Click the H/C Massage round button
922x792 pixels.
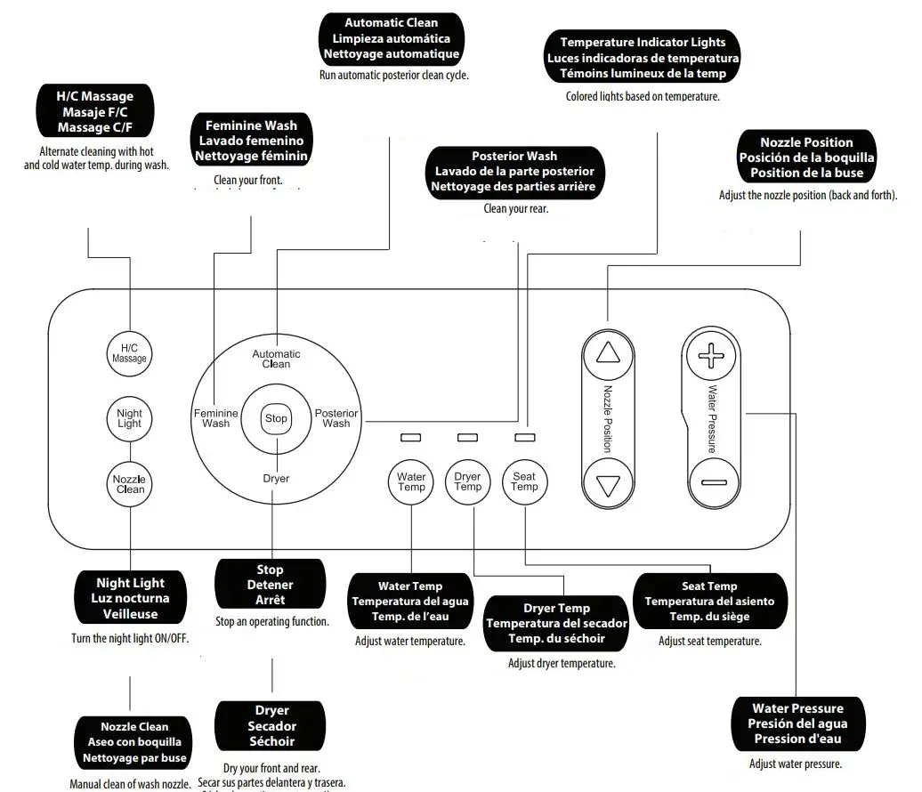tap(129, 352)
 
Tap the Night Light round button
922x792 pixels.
tap(129, 418)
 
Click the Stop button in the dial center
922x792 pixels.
tap(276, 418)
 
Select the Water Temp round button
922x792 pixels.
tap(411, 481)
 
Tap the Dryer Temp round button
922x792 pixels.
tap(467, 481)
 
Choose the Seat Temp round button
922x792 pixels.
tap(524, 481)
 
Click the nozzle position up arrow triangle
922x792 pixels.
tap(608, 353)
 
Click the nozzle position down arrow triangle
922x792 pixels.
tap(608, 486)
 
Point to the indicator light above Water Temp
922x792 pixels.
tap(411, 438)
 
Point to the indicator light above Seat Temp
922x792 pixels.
tap(525, 438)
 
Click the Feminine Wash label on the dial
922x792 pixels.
tap(216, 418)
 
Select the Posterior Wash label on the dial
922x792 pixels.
tap(336, 418)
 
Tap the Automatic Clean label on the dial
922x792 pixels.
tap(276, 359)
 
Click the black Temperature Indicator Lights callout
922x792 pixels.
tap(643, 58)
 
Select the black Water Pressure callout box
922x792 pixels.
tap(797, 723)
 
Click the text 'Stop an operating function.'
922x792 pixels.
tap(271, 621)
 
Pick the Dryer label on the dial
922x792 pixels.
tap(276, 478)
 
